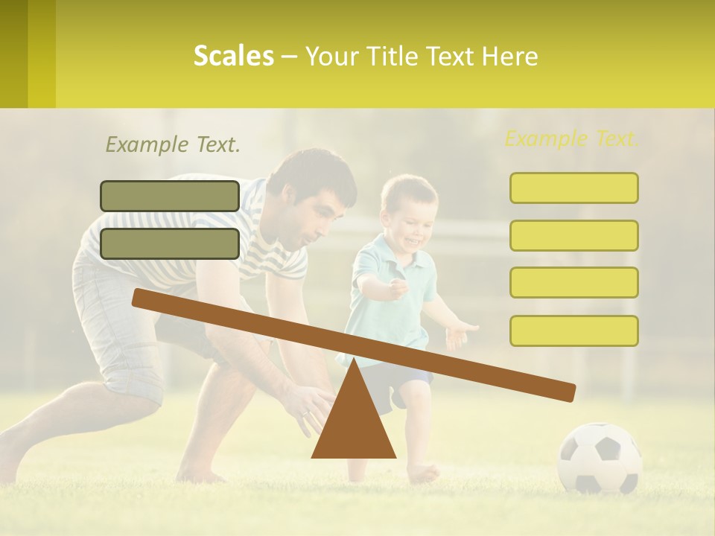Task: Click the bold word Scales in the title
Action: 233,56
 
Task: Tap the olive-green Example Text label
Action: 173,145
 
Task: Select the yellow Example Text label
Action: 572,138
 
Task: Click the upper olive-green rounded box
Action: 170,196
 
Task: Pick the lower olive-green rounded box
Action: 170,243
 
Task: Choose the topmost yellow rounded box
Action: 573,188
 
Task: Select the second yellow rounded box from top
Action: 573,235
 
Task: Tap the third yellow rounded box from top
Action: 573,283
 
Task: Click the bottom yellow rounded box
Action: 573,331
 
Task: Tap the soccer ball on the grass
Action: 600,458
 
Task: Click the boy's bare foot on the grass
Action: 423,472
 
